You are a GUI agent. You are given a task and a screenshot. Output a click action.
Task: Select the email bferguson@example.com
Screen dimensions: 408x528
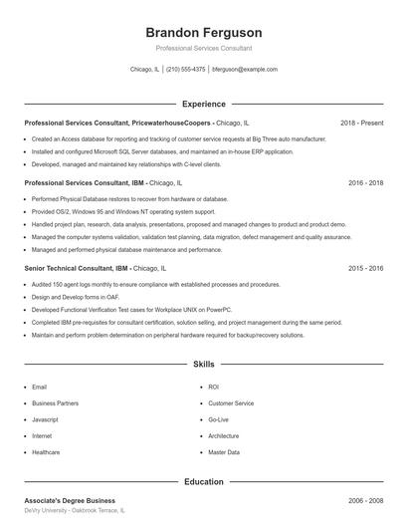click(x=245, y=70)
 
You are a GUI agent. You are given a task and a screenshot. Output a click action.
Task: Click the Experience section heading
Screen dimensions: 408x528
click(x=203, y=104)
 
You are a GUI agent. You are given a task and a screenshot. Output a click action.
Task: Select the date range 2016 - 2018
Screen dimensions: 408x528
click(x=365, y=183)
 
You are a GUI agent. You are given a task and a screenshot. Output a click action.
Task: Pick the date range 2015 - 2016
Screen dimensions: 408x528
click(x=365, y=268)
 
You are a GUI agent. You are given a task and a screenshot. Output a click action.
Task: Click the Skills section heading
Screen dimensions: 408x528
click(x=203, y=365)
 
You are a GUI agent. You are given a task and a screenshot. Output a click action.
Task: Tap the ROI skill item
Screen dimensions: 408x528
click(x=213, y=387)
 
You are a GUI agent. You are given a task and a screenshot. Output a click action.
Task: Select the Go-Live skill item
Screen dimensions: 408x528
click(x=218, y=419)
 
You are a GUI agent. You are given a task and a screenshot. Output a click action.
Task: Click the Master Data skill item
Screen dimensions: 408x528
click(x=223, y=452)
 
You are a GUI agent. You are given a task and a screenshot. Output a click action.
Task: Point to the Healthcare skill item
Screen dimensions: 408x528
click(x=46, y=452)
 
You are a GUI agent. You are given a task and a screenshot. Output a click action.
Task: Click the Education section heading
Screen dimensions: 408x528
click(x=203, y=482)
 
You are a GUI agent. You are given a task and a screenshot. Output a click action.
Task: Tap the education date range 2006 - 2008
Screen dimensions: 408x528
click(x=365, y=500)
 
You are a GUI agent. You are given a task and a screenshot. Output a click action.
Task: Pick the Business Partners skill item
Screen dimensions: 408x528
click(x=55, y=403)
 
